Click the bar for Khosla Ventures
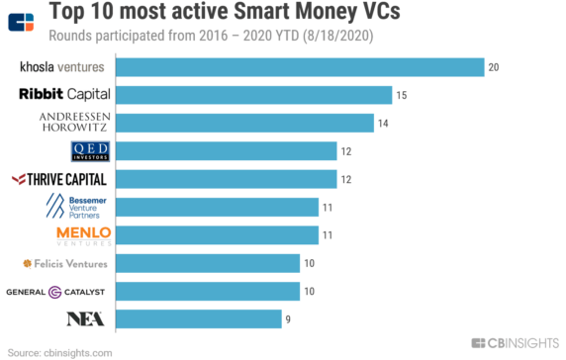[x=300, y=66]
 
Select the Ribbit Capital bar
[x=253, y=95]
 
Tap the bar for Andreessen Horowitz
[x=244, y=123]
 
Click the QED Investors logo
[x=90, y=150]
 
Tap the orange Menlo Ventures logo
[x=84, y=234]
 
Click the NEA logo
[x=86, y=318]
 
